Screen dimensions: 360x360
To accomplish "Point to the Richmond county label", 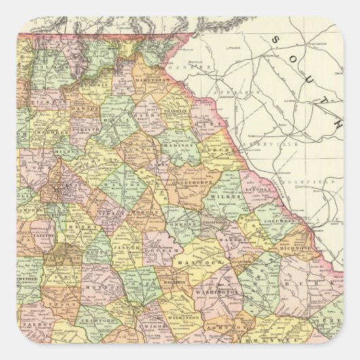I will [295, 249].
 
